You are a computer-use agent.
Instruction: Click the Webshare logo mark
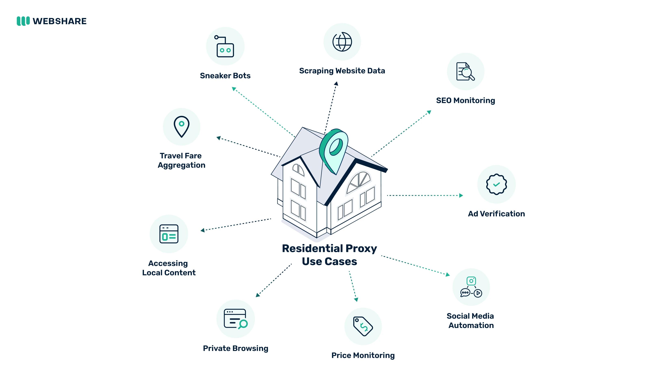tap(23, 21)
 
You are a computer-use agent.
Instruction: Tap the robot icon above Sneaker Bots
tap(225, 47)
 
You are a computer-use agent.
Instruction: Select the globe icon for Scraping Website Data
tap(342, 42)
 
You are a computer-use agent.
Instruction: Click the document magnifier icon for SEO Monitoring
tap(465, 72)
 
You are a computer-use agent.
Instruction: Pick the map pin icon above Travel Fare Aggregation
tap(181, 126)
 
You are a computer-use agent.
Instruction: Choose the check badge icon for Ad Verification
tap(496, 184)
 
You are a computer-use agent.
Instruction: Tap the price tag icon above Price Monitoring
tap(363, 326)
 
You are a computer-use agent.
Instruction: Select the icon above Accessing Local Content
tap(169, 234)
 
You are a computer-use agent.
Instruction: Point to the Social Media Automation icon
tap(471, 287)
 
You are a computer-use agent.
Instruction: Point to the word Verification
tap(502, 214)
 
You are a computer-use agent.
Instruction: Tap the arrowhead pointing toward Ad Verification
tap(461, 195)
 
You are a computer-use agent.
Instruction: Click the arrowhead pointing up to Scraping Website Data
tap(336, 84)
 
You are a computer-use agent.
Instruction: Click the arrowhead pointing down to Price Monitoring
tap(356, 300)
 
